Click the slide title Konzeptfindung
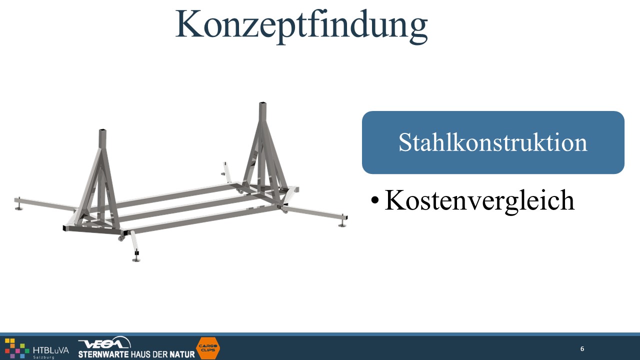(301, 25)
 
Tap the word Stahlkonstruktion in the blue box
(493, 142)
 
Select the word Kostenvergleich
(479, 200)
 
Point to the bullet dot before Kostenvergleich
(374, 200)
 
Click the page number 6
(582, 349)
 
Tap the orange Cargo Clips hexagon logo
(208, 348)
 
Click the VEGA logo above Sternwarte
(104, 343)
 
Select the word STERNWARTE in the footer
(103, 354)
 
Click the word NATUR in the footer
(182, 354)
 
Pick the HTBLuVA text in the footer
(51, 350)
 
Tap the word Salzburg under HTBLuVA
(43, 357)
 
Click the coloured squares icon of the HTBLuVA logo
(17, 348)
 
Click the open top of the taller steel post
(263, 103)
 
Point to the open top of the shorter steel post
(102, 131)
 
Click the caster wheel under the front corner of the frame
(121, 238)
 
